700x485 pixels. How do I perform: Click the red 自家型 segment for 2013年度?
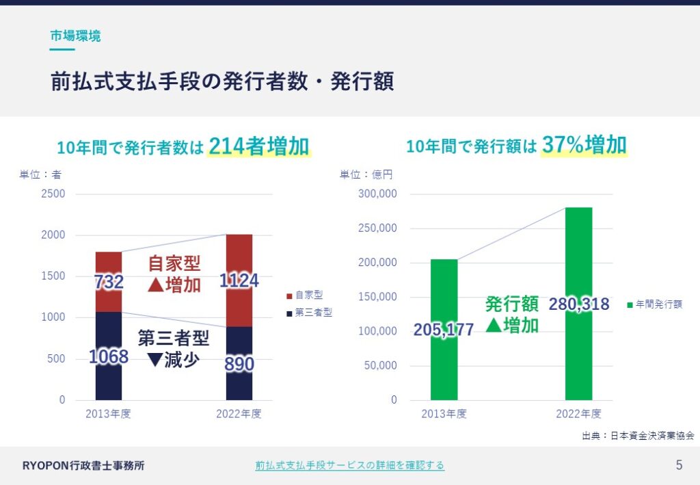(x=109, y=282)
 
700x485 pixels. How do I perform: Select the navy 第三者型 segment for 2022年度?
(x=239, y=363)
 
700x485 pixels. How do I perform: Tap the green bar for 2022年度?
(x=578, y=304)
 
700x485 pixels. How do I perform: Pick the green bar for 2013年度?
(x=444, y=330)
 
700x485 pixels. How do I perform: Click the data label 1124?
(x=239, y=280)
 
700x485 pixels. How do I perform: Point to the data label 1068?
(x=109, y=357)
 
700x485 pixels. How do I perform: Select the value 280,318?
(x=578, y=304)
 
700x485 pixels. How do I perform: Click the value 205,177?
(x=444, y=330)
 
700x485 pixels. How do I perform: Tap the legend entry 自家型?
(x=305, y=295)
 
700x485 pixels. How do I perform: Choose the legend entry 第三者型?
(x=310, y=313)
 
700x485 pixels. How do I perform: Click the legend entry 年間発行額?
(x=655, y=304)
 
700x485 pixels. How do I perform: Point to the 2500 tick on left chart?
(x=53, y=194)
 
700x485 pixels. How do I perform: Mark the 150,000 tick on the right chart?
(x=377, y=297)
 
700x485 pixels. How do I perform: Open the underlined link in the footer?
(x=349, y=465)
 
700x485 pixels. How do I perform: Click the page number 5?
(x=679, y=465)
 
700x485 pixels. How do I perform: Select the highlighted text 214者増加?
(x=259, y=146)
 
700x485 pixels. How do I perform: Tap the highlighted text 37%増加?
(x=584, y=145)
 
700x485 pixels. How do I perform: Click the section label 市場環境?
(x=75, y=36)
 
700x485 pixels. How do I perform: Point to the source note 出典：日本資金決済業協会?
(x=638, y=436)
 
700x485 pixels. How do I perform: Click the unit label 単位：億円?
(x=366, y=174)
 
